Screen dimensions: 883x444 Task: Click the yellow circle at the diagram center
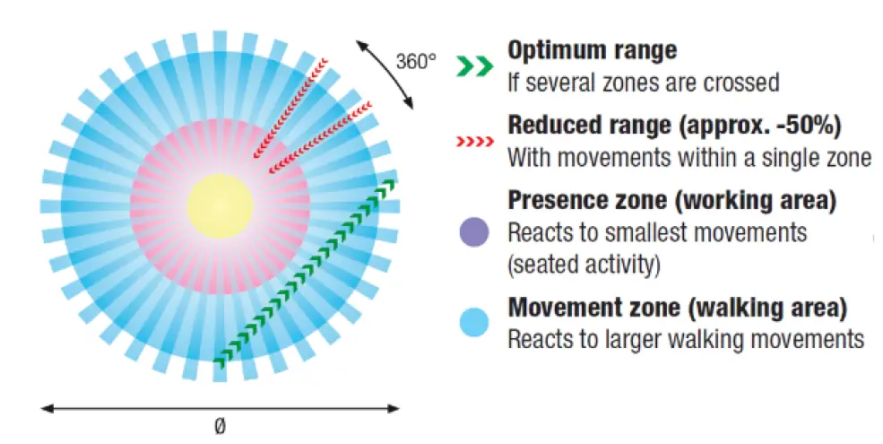221,206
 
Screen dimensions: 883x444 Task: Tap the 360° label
416,61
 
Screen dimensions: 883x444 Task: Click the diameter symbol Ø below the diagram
221,427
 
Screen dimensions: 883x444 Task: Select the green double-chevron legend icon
475,65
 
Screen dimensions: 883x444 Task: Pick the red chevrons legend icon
475,141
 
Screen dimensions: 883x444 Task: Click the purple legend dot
474,232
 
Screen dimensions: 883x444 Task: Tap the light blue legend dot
474,322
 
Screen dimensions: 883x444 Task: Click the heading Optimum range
593,51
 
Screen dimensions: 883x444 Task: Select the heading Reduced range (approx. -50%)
675,125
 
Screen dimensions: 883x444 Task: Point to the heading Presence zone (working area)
672,201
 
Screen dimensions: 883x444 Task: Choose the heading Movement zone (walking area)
678,309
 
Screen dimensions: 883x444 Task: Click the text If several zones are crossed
644,83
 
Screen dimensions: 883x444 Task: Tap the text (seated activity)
584,265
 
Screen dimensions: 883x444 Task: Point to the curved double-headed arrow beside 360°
385,74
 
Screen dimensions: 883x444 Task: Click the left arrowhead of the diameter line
48,408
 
